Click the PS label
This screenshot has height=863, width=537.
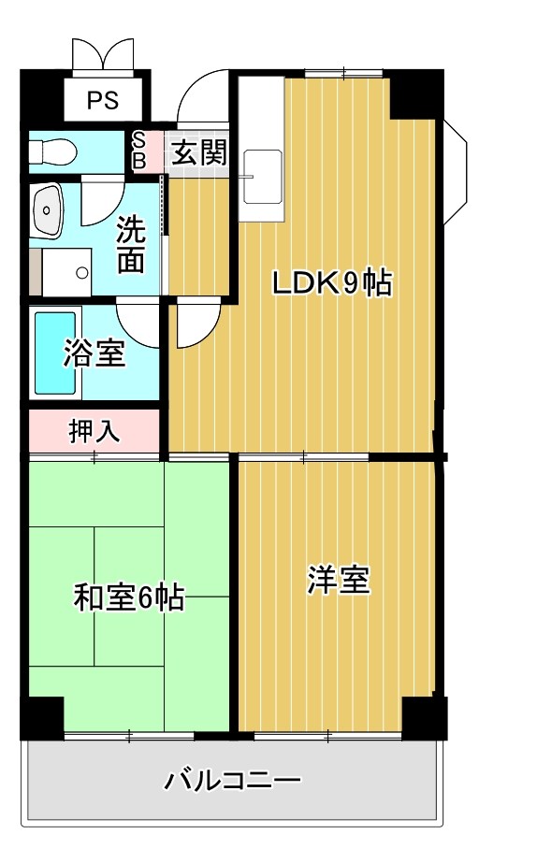click(103, 100)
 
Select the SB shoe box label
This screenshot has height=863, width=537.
click(138, 151)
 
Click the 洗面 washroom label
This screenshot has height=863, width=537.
click(130, 245)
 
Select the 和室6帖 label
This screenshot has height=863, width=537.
click(128, 596)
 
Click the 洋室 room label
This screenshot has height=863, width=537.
click(339, 581)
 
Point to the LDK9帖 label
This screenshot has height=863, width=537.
click(331, 282)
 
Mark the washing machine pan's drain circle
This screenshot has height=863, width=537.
click(81, 273)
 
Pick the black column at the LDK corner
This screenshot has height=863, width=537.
click(413, 93)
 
